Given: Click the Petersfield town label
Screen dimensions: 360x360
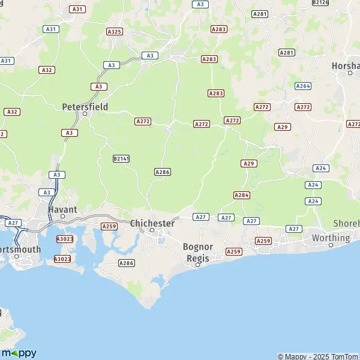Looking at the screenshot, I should tap(85, 107).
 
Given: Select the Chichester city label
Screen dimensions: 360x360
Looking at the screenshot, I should tap(152, 223).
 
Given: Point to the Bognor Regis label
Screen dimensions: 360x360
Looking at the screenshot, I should tap(197, 251).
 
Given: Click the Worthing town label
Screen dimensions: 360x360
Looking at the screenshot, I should tap(331, 238).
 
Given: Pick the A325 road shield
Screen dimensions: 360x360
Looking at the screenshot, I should tap(114, 31).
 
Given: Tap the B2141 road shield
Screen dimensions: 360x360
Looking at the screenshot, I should tap(121, 158).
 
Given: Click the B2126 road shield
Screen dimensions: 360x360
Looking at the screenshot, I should tap(321, 2).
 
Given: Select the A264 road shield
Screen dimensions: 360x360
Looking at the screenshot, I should tap(303, 86).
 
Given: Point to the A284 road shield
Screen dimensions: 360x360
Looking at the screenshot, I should tap(242, 195).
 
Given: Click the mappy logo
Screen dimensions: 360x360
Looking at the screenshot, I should tap(19, 353).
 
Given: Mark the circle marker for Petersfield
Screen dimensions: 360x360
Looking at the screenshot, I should tap(85, 113).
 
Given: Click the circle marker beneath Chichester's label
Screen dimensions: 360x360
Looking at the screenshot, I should tap(152, 230).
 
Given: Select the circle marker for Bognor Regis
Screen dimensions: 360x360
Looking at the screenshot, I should tap(197, 264).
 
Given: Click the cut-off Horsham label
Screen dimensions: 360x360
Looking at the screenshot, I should tap(346, 65).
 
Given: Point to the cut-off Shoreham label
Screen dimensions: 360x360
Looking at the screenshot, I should tap(346, 223).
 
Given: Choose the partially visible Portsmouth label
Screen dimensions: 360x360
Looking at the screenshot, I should tap(20, 249).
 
